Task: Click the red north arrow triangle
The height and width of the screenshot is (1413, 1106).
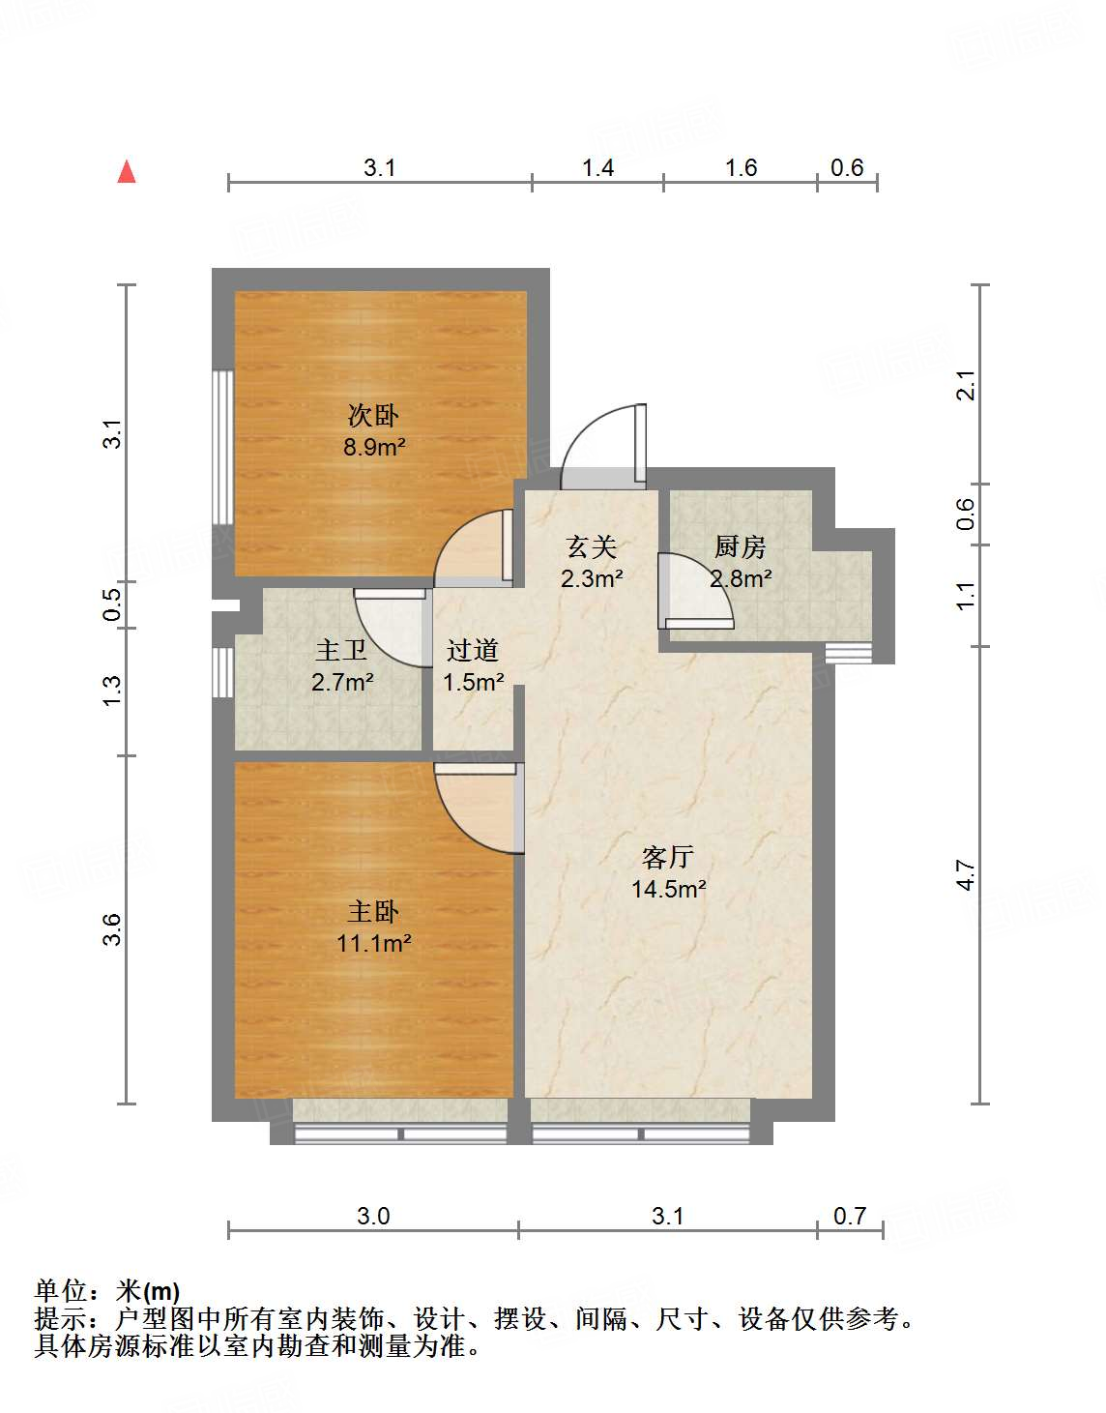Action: (127, 171)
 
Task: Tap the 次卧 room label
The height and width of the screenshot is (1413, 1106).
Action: (373, 416)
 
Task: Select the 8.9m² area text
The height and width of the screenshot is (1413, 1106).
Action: (374, 447)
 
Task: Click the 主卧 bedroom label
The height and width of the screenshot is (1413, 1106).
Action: (373, 911)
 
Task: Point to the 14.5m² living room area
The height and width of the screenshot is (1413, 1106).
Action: (668, 889)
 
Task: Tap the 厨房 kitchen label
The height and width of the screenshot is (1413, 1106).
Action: (741, 547)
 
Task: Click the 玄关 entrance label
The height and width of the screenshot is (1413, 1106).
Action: (592, 547)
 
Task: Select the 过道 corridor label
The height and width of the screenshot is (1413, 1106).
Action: (473, 651)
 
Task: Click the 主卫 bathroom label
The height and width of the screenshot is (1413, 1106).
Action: (341, 651)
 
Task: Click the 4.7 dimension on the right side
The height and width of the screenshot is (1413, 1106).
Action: (965, 875)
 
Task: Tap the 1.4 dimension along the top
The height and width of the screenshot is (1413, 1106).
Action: (597, 168)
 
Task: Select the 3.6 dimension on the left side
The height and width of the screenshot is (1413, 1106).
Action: (112, 929)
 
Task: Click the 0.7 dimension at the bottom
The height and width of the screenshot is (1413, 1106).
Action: (850, 1216)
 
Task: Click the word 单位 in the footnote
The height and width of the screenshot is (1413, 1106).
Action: (60, 1291)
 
